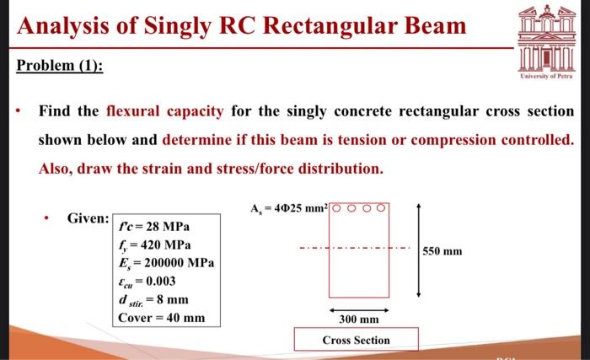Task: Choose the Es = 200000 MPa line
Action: point(169,263)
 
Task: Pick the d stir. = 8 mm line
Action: point(155,299)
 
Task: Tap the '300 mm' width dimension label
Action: point(358,320)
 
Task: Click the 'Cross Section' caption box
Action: point(356,340)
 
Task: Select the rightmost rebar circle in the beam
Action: point(383,209)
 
